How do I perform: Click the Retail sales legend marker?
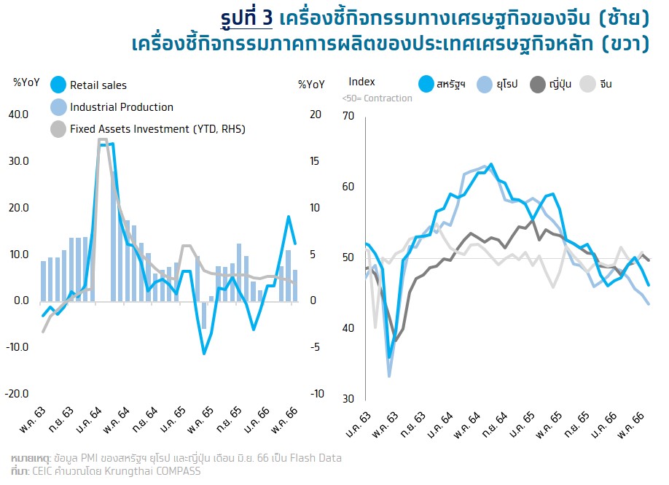tap(59, 85)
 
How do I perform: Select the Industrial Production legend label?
tap(122, 107)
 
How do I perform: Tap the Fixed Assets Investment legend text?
tap(157, 129)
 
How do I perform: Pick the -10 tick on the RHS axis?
tap(316, 394)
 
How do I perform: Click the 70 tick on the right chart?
tap(348, 116)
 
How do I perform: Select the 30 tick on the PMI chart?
tap(348, 399)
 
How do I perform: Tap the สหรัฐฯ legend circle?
tap(427, 84)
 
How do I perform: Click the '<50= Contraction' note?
tap(377, 98)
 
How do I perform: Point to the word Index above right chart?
tap(362, 82)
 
